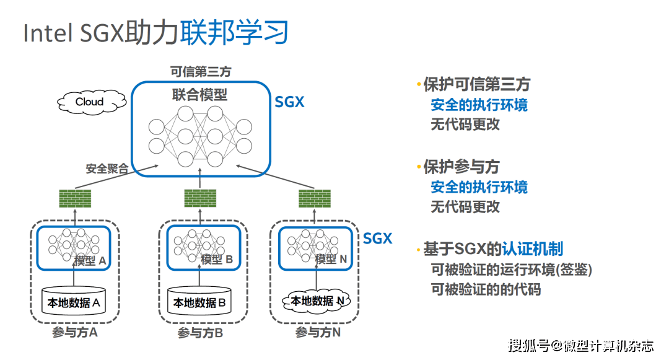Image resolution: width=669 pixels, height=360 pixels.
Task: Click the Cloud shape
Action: [89, 102]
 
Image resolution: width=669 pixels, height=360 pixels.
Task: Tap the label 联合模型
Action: [199, 95]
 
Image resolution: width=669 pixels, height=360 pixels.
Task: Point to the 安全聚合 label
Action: [107, 168]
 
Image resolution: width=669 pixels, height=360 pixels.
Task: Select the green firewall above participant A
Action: [75, 199]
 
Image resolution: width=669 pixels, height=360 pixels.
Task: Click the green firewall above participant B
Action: [201, 198]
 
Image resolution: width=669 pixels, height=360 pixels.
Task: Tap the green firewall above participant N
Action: [314, 198]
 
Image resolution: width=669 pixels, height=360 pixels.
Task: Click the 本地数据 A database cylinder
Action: [74, 302]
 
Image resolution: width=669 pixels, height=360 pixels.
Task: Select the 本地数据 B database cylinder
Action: [199, 302]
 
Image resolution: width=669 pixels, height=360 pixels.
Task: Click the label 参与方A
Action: [75, 333]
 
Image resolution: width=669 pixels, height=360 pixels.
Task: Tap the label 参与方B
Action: [200, 333]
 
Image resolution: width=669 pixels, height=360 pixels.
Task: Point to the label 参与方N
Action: [318, 333]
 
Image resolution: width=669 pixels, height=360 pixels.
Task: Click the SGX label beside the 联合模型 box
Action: [289, 102]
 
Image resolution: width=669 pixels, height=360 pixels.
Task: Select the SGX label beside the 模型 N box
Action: [377, 239]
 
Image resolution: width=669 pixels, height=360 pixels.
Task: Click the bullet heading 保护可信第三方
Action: [476, 85]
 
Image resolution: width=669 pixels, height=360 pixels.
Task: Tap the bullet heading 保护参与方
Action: [461, 167]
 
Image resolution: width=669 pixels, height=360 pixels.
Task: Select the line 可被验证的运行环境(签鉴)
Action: [511, 270]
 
